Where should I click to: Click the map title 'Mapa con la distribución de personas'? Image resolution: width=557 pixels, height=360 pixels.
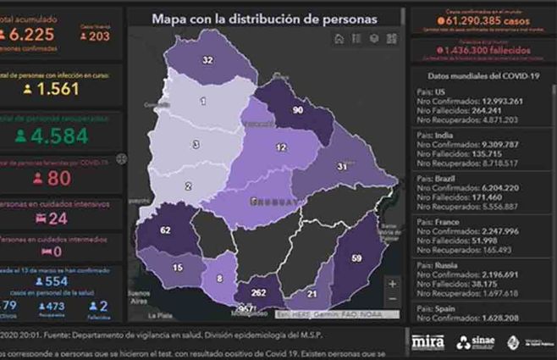coord(264,18)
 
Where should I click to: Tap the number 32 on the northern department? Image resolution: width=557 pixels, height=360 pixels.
coord(207,60)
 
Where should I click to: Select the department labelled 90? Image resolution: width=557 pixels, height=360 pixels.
coord(297,110)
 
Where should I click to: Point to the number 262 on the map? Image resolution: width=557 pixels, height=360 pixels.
coord(260,293)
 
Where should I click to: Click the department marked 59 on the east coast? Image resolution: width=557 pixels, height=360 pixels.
coord(356,258)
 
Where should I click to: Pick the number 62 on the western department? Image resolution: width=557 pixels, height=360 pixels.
coord(165,230)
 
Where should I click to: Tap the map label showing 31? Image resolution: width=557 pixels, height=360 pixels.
coord(342,167)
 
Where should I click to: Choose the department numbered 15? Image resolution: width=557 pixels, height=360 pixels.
coord(178,268)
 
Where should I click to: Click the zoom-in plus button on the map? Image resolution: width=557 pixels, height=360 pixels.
coord(392,285)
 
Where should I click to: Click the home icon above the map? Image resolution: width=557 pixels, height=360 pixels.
coord(339,38)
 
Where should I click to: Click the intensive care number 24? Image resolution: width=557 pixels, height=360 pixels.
coord(58,219)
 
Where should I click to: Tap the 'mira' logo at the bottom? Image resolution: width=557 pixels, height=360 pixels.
coord(427,341)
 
